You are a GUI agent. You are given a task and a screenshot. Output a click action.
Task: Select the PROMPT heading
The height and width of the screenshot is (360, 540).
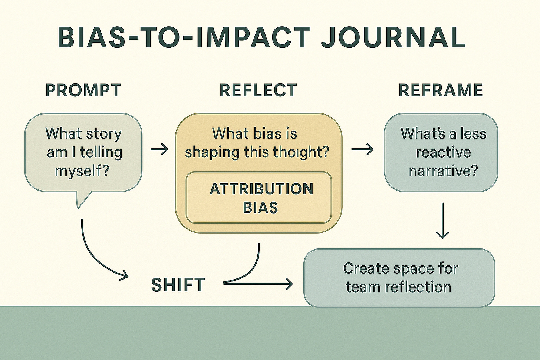click(x=83, y=90)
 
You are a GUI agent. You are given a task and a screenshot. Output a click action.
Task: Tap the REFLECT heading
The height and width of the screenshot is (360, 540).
click(x=258, y=90)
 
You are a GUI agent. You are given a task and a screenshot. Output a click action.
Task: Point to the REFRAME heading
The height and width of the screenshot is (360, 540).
click(x=441, y=90)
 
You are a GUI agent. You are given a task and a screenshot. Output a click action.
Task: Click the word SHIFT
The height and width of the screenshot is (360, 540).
click(x=178, y=285)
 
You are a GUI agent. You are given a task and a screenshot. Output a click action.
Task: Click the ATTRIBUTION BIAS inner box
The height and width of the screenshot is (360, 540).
click(x=259, y=198)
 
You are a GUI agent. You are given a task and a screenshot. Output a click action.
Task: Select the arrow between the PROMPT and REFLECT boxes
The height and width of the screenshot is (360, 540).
click(x=159, y=150)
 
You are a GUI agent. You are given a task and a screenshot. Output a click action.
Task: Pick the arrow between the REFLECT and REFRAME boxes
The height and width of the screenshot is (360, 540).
click(x=362, y=150)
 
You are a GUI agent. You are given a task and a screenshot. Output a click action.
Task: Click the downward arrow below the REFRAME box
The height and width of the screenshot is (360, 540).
click(x=442, y=221)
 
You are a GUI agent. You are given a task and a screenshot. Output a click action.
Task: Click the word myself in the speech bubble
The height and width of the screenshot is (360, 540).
click(x=82, y=171)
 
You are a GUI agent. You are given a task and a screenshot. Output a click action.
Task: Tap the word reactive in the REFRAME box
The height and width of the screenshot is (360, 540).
click(x=443, y=152)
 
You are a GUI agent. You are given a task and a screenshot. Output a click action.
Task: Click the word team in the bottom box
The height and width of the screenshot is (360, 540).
click(x=362, y=287)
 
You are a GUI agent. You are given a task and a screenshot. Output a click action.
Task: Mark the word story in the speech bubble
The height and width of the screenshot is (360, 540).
click(x=103, y=133)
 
